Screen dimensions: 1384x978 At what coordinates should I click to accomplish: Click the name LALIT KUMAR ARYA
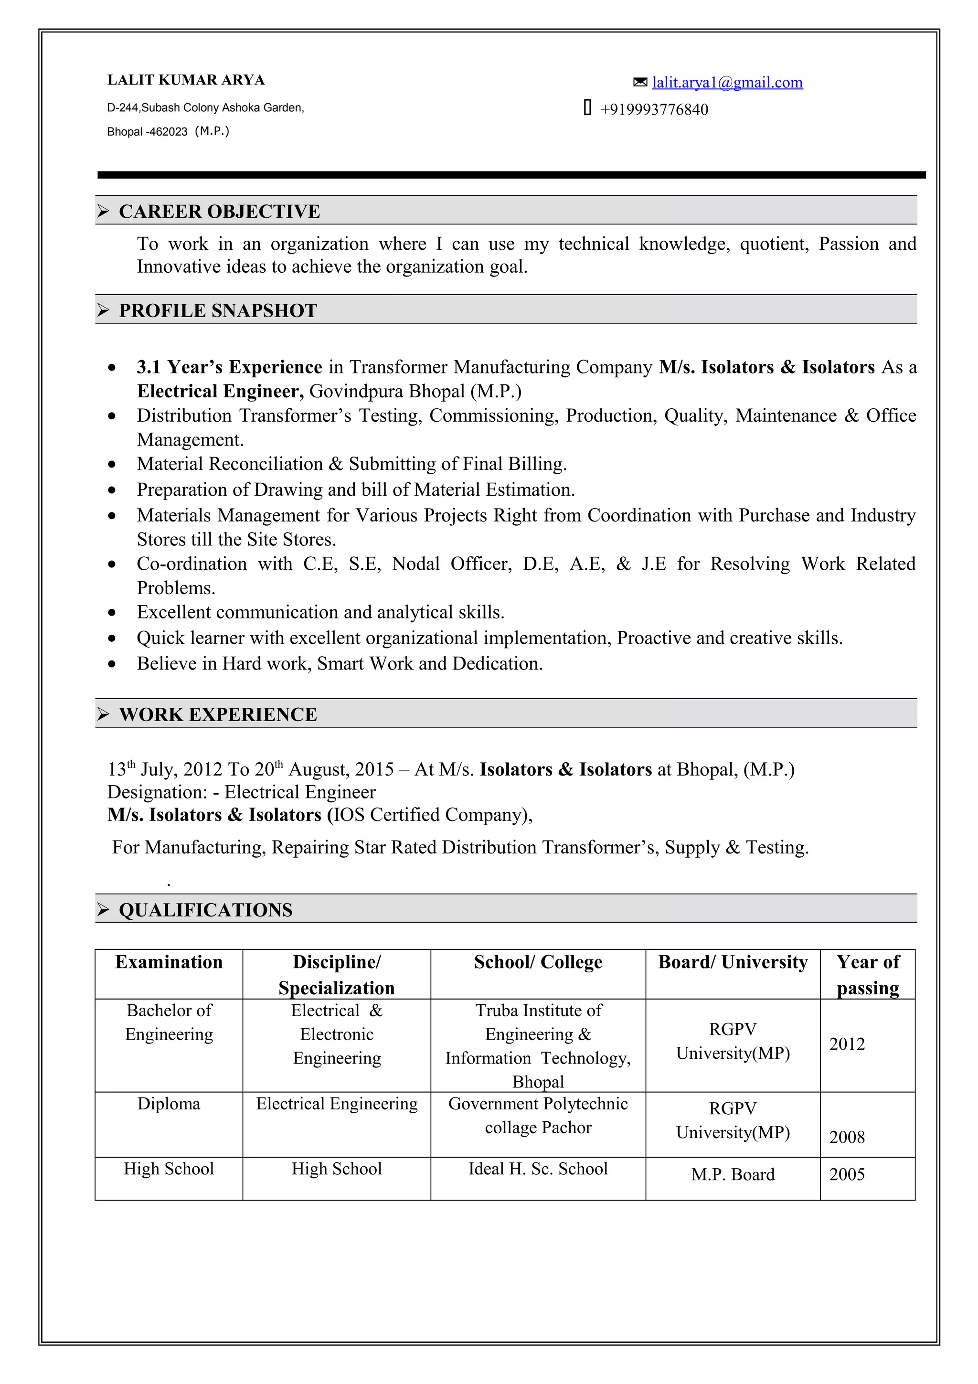click(x=186, y=80)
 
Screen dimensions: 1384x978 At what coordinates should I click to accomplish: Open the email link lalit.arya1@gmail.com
click(x=727, y=83)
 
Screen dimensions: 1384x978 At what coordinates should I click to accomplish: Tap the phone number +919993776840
click(x=654, y=110)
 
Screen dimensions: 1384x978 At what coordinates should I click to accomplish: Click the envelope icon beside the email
click(x=640, y=82)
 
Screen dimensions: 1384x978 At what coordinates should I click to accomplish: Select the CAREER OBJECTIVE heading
click(x=219, y=212)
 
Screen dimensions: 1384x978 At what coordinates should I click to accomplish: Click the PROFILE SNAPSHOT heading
click(x=218, y=310)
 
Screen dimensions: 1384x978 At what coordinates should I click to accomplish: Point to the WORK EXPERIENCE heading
click(x=218, y=714)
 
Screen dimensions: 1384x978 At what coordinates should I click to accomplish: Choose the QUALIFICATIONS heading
click(x=205, y=910)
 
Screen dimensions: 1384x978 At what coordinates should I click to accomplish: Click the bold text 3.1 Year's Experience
click(x=230, y=367)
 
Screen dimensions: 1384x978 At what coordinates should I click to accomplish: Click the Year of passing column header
click(x=867, y=974)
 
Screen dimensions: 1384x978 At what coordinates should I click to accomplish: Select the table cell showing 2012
click(x=847, y=1044)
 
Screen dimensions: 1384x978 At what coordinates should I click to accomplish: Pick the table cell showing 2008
click(x=847, y=1137)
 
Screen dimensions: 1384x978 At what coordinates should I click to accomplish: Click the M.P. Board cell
click(x=733, y=1174)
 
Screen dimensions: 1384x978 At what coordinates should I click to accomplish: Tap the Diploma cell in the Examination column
click(x=169, y=1104)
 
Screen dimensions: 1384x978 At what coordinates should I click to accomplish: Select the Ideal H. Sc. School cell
click(x=538, y=1169)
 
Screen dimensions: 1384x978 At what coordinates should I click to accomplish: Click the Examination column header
click(x=169, y=962)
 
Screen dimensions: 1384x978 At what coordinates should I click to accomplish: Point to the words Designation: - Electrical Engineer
click(x=241, y=792)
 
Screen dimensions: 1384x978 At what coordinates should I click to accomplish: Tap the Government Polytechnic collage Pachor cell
click(x=538, y=1115)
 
